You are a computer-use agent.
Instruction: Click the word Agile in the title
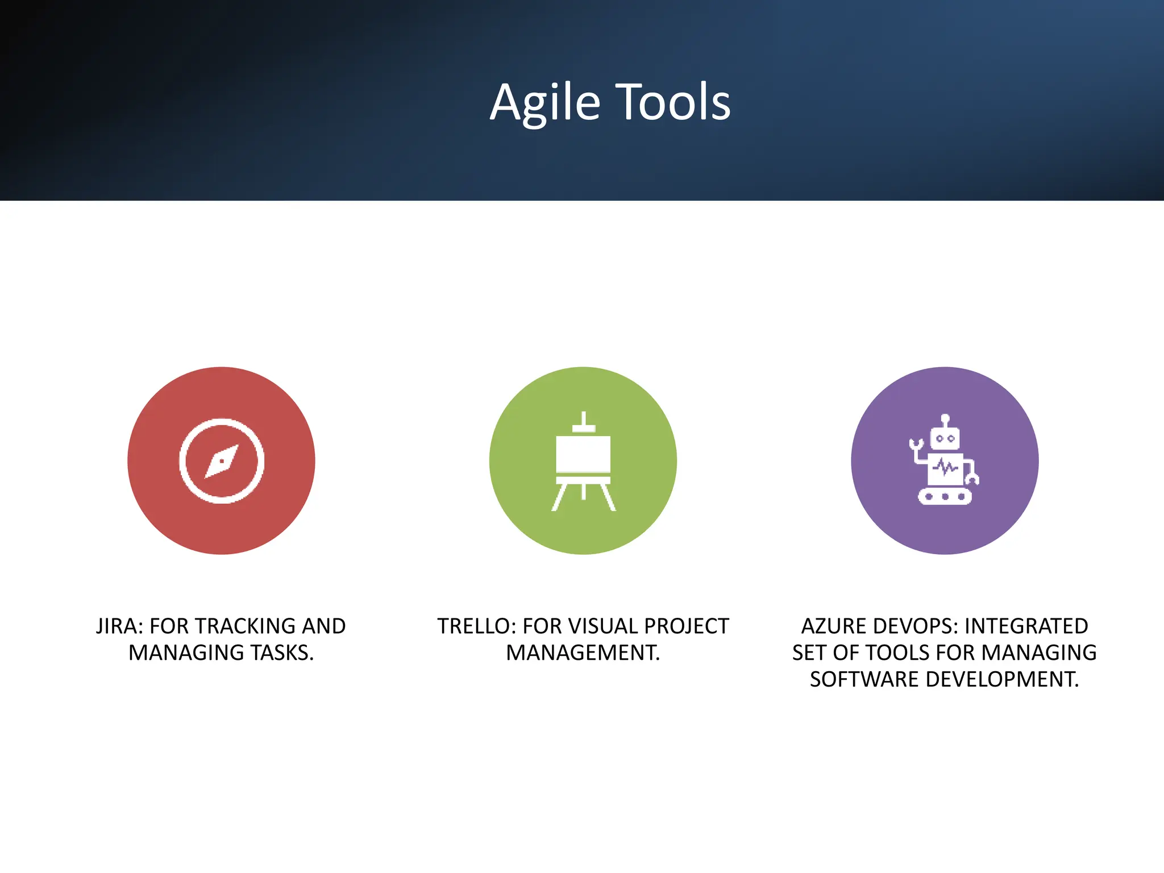[x=544, y=103]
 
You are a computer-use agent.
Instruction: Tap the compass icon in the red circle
[x=222, y=461]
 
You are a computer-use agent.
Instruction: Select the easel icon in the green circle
[x=583, y=462]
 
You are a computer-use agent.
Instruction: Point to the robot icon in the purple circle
[x=945, y=460]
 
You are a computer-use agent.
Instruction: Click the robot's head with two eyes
[x=945, y=438]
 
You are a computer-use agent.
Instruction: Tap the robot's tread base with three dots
[x=945, y=496]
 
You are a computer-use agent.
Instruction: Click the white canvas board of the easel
[x=583, y=454]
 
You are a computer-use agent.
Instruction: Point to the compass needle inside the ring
[x=222, y=462]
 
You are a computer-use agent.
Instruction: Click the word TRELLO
[x=476, y=626]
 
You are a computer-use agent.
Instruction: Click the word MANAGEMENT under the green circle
[x=583, y=653]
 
